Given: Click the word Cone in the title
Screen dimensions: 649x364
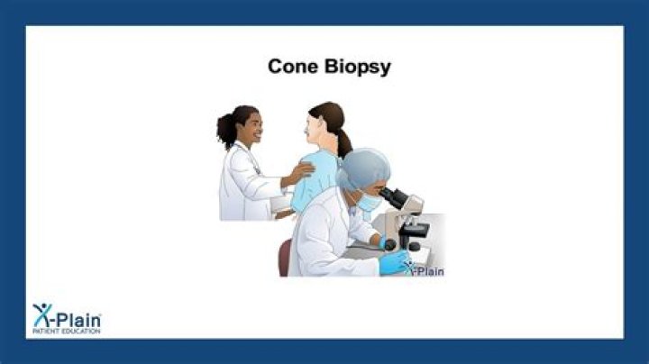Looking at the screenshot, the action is point(293,66).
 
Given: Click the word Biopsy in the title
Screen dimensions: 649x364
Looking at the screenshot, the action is point(357,67).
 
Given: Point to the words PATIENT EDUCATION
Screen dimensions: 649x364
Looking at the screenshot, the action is point(67,332).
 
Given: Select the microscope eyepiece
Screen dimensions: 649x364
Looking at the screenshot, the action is point(392,196).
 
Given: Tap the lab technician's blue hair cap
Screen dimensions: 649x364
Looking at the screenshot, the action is point(363,168).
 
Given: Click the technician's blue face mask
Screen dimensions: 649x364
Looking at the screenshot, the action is point(369,203).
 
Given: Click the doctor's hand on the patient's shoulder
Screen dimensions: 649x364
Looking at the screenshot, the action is point(301,171).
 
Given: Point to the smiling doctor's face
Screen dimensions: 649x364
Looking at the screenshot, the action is point(251,129).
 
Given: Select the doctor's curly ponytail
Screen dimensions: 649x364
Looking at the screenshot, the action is point(225,131).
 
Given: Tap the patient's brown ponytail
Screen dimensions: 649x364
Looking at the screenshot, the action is point(343,142).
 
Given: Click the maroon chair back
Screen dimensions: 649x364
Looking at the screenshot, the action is point(285,258).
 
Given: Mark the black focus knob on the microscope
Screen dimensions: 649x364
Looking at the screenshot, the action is point(390,245).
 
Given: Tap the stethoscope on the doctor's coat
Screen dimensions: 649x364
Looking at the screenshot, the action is point(251,159).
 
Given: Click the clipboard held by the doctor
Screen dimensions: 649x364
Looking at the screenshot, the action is point(280,204).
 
